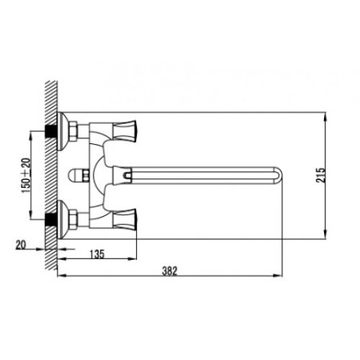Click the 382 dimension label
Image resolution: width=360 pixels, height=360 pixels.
170,271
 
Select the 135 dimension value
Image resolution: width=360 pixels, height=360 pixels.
97,254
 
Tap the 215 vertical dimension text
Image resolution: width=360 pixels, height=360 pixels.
321,175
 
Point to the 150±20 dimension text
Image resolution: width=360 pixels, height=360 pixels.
26,175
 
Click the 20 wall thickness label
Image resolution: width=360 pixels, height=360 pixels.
21,245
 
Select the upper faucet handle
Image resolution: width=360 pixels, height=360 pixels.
125,130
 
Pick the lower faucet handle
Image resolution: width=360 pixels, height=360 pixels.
125,218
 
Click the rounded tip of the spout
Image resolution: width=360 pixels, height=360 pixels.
278,175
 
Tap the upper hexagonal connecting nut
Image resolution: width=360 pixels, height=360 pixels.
73,130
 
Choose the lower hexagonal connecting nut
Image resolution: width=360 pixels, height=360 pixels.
73,219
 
